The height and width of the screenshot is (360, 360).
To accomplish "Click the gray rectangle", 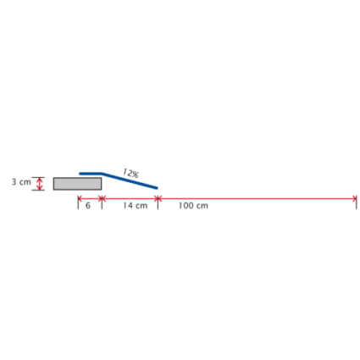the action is coord(77,184).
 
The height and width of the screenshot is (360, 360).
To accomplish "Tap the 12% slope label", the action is coord(130,173).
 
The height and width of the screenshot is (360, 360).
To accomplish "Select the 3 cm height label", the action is coord(21,182).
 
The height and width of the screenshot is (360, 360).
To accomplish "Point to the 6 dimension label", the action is coord(88,206).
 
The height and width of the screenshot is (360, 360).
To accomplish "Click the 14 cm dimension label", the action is coord(135,206).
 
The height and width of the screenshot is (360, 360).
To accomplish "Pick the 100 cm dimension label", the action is coord(193,206).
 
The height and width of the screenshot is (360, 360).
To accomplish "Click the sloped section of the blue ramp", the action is coord(130,180).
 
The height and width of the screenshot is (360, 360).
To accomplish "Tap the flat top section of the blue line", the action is coord(91,174).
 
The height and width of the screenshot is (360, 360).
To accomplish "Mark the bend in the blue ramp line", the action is coord(102,174).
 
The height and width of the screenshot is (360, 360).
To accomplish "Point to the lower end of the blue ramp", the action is coord(157,188).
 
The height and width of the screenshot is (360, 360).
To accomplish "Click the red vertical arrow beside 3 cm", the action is coord(40,184).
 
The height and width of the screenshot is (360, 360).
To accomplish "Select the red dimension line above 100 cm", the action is coord(258,199).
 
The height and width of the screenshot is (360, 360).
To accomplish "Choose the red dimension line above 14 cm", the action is coord(130,199).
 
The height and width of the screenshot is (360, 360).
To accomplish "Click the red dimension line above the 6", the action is coord(90,199).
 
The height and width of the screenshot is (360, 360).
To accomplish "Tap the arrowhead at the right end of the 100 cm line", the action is coord(355,199).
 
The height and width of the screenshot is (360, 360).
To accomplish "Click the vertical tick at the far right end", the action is coord(357,202).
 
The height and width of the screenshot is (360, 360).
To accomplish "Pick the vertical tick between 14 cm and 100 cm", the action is coord(158,202).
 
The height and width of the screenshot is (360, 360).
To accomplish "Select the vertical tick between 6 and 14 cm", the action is coord(102,202).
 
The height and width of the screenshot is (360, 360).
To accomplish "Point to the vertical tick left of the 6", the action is coord(78,202).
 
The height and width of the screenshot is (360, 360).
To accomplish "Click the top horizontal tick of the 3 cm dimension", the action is coord(38,177).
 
